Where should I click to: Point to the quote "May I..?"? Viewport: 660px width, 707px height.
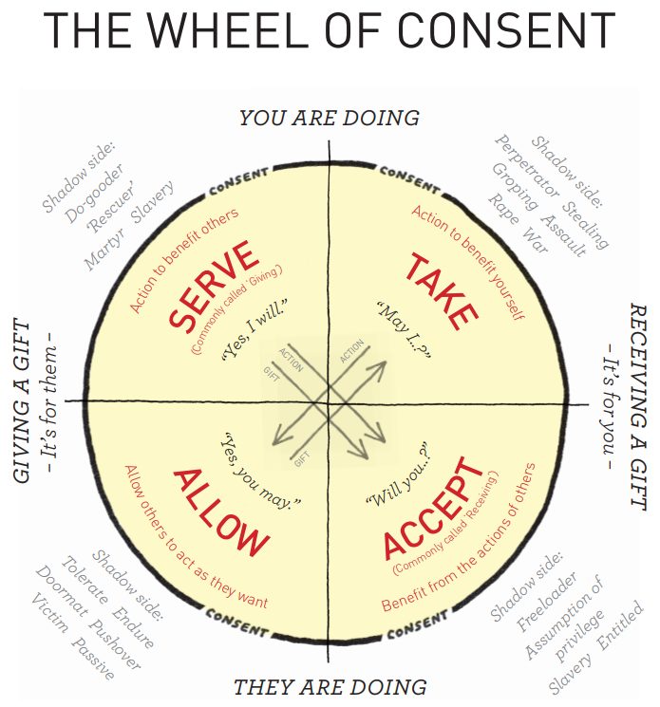404,332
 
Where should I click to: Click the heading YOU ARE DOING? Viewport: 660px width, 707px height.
329,118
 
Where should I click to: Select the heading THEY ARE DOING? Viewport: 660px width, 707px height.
329,686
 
